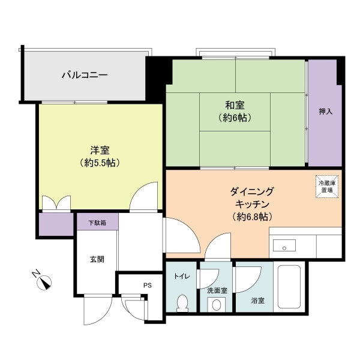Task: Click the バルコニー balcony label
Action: click(x=85, y=76)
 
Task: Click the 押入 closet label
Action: click(x=325, y=112)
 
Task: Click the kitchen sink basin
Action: click(x=283, y=245)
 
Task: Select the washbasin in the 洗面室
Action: click(x=216, y=305)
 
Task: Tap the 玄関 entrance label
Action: click(x=97, y=259)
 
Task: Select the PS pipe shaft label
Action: click(x=148, y=286)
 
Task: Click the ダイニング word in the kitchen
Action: click(x=252, y=191)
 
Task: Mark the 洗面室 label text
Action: click(x=217, y=290)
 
